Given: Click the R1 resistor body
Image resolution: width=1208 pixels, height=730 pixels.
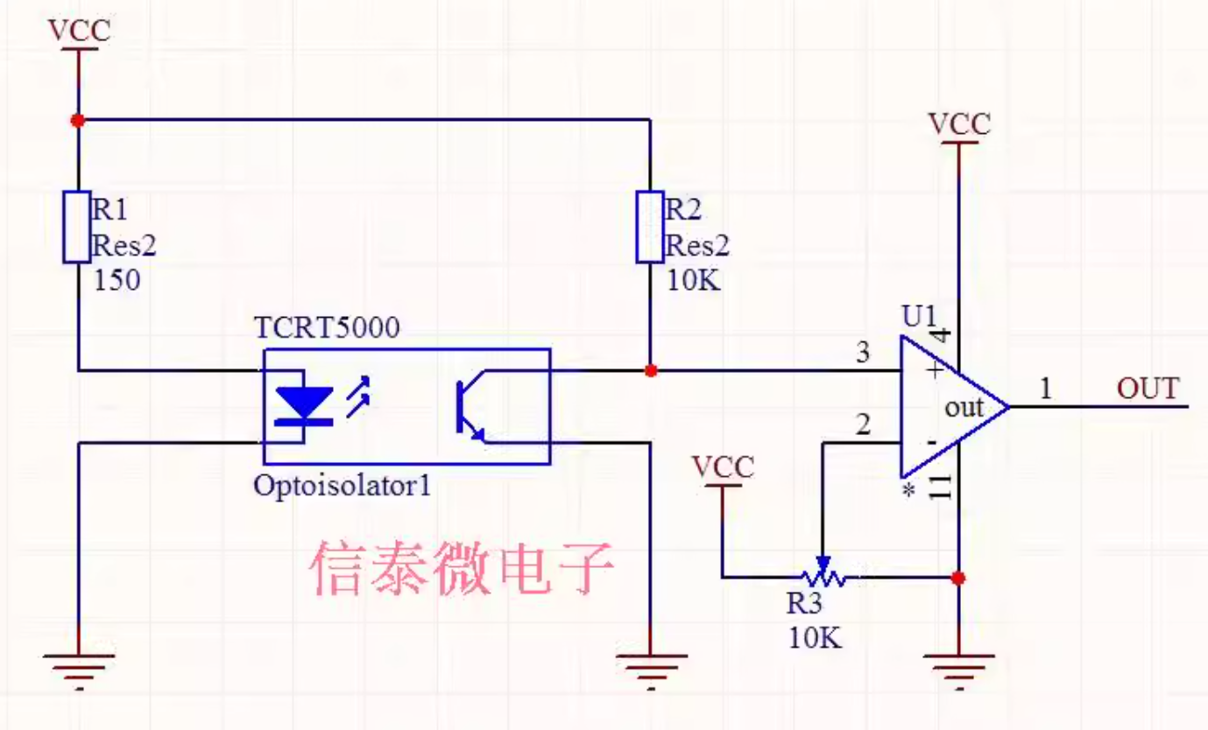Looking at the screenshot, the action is [76, 227].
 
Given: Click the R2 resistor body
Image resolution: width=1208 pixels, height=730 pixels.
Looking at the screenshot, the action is [650, 227].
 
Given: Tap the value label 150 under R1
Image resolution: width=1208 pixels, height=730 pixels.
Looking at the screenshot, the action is [117, 280].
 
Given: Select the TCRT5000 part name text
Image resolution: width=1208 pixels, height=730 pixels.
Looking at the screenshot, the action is [327, 327].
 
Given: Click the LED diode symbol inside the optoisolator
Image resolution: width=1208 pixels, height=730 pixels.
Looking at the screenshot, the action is [304, 406].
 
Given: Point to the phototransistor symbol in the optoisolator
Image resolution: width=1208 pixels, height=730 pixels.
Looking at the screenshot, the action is [470, 407].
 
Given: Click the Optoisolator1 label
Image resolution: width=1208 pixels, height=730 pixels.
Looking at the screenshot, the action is [343, 486].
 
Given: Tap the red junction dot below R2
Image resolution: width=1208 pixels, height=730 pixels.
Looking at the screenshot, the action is [651, 370].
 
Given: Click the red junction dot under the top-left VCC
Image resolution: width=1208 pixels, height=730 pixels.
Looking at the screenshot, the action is [78, 120].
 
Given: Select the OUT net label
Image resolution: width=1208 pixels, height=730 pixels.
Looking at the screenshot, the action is [1148, 389].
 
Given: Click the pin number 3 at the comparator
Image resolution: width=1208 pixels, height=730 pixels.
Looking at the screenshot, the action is [864, 353].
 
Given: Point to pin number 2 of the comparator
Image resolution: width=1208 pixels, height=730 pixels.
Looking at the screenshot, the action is [864, 425].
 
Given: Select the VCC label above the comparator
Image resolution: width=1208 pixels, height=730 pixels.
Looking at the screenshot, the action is [959, 124].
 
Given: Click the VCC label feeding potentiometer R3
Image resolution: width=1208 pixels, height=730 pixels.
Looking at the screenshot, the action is [723, 467].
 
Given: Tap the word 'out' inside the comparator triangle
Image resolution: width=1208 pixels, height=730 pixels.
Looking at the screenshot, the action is [964, 408].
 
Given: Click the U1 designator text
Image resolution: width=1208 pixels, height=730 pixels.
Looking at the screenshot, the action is [919, 316].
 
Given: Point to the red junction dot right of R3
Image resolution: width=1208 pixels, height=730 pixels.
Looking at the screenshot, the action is [958, 578].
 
